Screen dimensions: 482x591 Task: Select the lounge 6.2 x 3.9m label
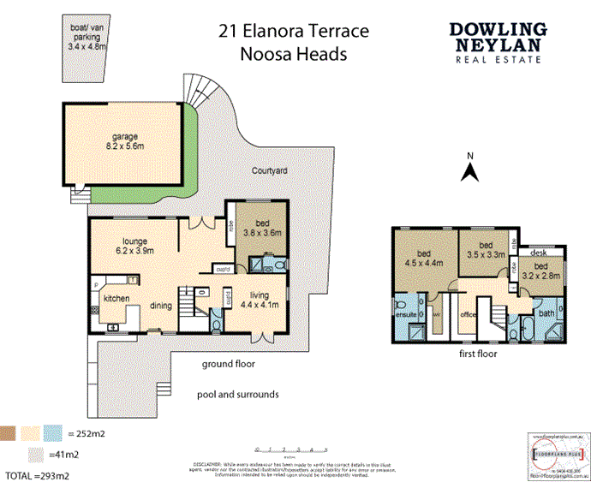coord(135,246)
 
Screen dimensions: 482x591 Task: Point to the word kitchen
coord(116,299)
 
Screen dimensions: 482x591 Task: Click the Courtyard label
coord(269,171)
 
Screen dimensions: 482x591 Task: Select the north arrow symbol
coord(469,169)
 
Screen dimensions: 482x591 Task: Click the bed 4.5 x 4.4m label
coord(423,258)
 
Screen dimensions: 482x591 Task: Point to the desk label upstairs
coord(539,253)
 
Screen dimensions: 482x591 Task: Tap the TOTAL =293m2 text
coord(37,473)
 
